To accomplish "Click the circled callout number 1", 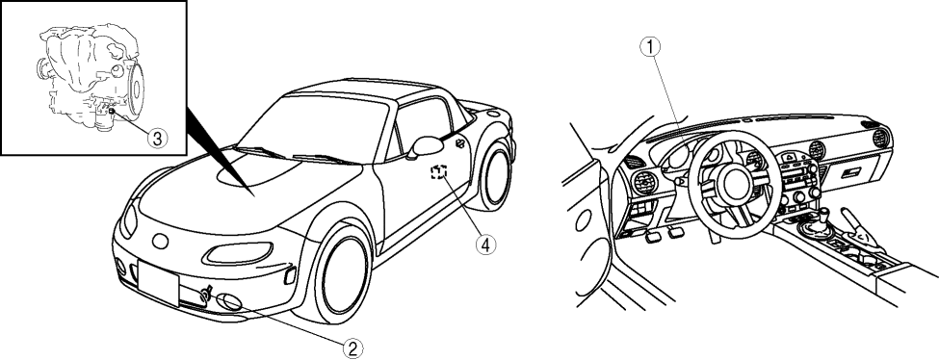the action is [x=650, y=46].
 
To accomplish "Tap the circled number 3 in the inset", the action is [x=157, y=139].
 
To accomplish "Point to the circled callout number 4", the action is [x=485, y=244].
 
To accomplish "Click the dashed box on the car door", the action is [x=439, y=172].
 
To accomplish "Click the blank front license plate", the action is [x=158, y=283].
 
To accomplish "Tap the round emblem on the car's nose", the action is [x=160, y=241].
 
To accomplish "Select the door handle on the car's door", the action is [x=460, y=142].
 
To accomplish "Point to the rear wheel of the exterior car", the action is [x=495, y=177].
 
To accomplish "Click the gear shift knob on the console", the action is [x=824, y=213].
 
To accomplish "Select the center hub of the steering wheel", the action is [x=734, y=185].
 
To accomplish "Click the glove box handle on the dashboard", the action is [x=851, y=172].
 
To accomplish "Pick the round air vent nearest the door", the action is [x=645, y=183].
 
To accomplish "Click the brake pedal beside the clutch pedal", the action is [x=676, y=232].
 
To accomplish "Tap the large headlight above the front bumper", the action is [x=238, y=253].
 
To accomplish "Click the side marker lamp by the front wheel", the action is [x=289, y=275].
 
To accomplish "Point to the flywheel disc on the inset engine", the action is [x=136, y=90].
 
